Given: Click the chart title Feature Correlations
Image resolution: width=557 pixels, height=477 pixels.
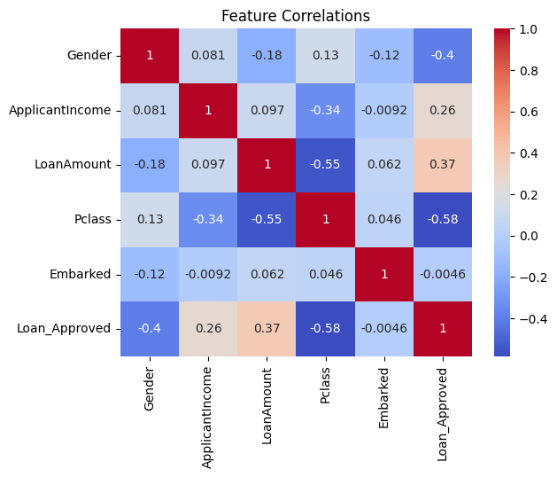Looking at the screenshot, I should tap(296, 16).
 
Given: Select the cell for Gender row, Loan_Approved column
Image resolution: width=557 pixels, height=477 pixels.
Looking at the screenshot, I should tap(442, 56).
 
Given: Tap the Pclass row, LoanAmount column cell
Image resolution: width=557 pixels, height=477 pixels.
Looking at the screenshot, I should tap(267, 219).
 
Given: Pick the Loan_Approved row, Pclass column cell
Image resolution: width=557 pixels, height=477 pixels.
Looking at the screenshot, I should tap(325, 328).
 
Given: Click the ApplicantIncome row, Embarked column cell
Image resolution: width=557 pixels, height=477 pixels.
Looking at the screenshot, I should tap(383, 110).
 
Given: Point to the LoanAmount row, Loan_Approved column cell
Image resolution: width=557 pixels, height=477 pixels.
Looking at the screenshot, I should tap(442, 165).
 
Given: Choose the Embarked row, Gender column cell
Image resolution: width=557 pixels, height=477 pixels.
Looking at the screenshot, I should tap(150, 274).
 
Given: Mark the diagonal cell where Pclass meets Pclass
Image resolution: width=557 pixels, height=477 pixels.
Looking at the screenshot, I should tap(325, 219).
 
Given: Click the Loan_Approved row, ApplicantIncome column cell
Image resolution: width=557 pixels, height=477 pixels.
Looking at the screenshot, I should tap(208, 328).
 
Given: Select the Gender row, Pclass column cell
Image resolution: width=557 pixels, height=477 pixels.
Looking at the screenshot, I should tap(325, 56).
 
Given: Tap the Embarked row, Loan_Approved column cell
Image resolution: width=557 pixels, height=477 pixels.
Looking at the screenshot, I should tap(442, 274).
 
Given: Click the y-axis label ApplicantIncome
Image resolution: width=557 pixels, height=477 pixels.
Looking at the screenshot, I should tap(60, 110).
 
